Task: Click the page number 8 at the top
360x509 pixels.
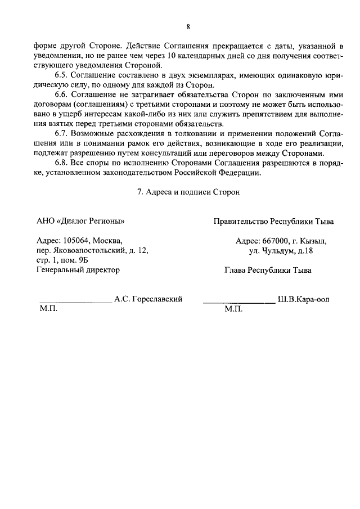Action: pos(188,27)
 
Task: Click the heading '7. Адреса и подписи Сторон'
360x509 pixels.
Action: pos(188,192)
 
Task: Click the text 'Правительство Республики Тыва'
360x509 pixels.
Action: pos(273,221)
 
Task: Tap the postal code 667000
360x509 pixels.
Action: pos(275,241)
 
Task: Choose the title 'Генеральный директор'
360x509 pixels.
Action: pos(78,270)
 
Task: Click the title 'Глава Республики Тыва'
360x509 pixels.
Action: pos(268,270)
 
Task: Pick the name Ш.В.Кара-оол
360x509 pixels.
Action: pos(304,299)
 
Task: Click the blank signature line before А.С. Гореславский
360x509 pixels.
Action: pos(75,302)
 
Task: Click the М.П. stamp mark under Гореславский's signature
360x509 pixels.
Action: pos(48,309)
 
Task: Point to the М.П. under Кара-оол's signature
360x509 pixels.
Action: pos(232,309)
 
